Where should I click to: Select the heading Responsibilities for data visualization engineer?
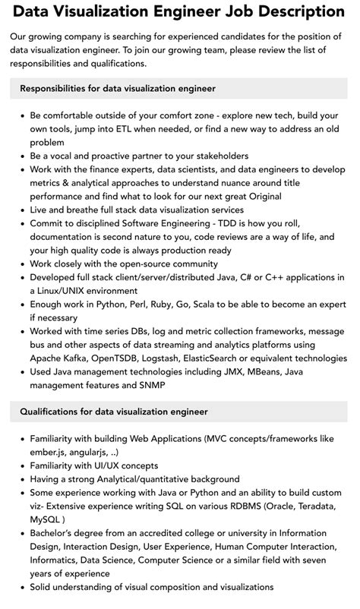pos(118,89)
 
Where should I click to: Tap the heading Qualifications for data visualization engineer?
pos(114,412)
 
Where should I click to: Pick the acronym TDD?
pos(238,224)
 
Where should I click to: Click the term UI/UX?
pos(107,465)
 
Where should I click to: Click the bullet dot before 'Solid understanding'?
pos(20,587)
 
